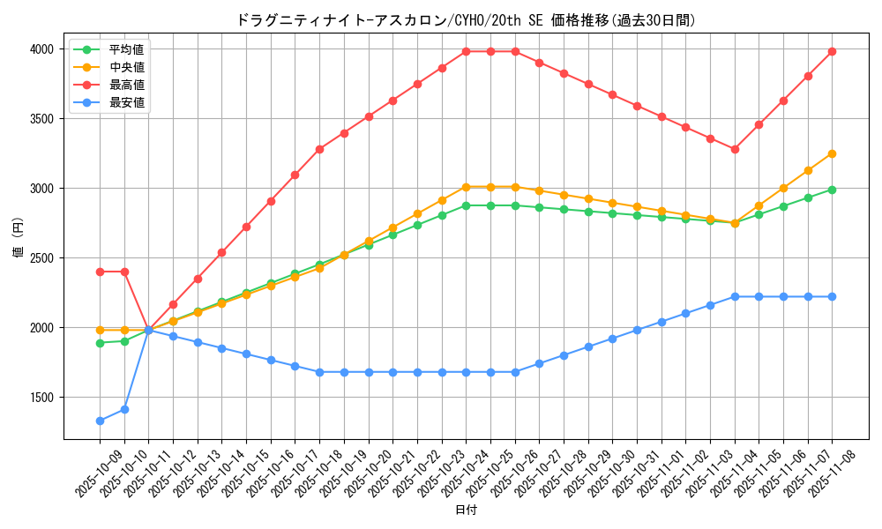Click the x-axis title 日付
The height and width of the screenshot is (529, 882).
coord(466,510)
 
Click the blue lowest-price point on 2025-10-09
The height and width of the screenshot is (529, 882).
coord(100,421)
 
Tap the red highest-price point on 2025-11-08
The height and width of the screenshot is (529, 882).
coord(832,51)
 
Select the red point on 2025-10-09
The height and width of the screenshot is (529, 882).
coord(100,272)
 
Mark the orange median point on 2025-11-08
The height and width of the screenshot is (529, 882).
coord(832,153)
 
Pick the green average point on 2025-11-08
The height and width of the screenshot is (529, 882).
coord(832,190)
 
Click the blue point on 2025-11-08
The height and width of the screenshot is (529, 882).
coord(832,296)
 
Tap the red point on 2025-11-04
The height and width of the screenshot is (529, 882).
coord(735,149)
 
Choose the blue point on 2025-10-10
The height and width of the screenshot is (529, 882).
coord(124,409)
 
